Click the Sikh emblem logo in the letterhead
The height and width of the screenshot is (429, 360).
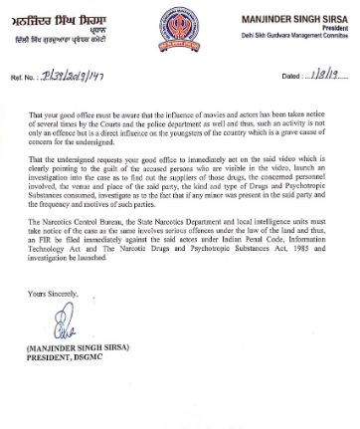click(x=178, y=21)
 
